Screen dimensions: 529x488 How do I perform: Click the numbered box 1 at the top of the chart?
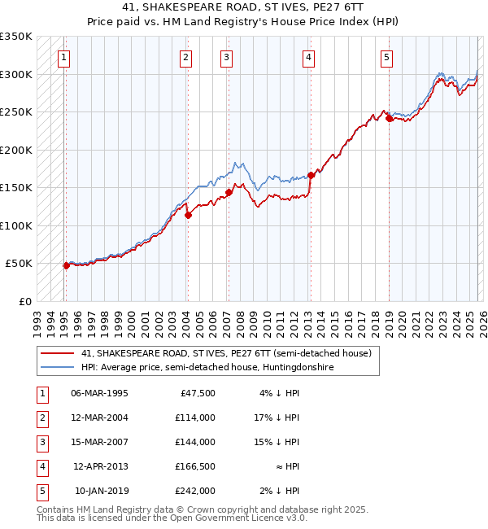tap(63, 57)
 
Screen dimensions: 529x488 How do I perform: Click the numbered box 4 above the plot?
tap(309, 57)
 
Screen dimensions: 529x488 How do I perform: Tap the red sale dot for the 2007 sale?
tap(229, 192)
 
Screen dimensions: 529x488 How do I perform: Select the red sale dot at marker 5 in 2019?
tap(389, 118)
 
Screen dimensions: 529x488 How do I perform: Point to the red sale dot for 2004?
tap(188, 215)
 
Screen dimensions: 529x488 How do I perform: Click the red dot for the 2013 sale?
tap(311, 175)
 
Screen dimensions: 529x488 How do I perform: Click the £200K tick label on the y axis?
tap(16, 150)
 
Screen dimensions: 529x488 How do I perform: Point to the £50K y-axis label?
tap(20, 264)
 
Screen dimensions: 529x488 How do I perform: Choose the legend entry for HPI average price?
tap(207, 368)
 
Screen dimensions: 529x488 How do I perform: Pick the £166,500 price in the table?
tap(194, 466)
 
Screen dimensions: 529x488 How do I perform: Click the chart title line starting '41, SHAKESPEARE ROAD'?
tap(244, 8)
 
